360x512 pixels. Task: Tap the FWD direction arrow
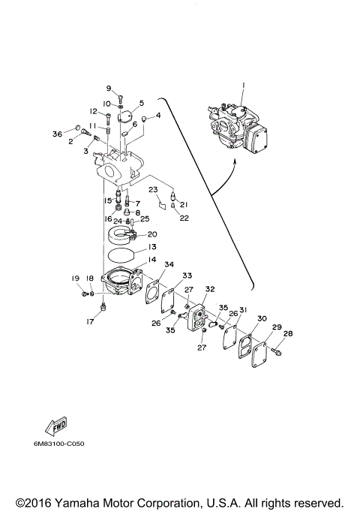point(57,425)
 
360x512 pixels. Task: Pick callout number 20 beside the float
point(151,234)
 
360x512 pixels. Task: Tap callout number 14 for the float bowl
point(151,260)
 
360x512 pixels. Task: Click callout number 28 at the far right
point(288,335)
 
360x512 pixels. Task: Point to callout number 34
point(169,264)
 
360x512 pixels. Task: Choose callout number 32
point(210,289)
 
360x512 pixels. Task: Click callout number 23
point(151,189)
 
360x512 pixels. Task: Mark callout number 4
point(158,116)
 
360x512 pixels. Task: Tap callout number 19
point(76,278)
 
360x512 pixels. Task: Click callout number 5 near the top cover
point(141,104)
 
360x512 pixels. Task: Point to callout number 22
point(184,218)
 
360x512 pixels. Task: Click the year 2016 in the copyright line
point(41,501)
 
